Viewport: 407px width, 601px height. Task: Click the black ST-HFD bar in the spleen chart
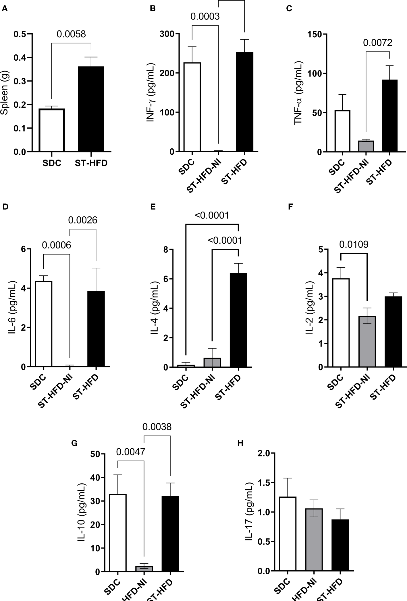(x=91, y=109)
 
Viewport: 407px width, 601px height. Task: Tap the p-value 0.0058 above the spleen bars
(x=71, y=34)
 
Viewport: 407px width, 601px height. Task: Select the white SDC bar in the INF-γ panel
(x=192, y=107)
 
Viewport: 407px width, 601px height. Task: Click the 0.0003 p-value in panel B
(x=205, y=16)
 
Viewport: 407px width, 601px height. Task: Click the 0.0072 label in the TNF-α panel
(x=377, y=43)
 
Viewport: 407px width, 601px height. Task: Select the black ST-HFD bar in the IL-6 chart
(x=96, y=329)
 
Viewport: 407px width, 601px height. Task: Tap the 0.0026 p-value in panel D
(x=82, y=220)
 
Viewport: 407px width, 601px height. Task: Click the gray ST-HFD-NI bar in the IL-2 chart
(x=367, y=341)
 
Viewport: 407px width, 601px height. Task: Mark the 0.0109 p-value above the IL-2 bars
(x=354, y=244)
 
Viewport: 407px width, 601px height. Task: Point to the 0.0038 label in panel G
(x=157, y=427)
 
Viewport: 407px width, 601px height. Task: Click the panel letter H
(x=241, y=443)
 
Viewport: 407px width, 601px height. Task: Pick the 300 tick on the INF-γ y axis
(x=168, y=34)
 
